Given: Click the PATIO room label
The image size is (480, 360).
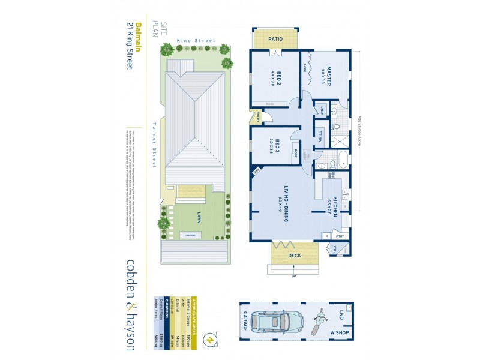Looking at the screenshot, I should (x=275, y=39).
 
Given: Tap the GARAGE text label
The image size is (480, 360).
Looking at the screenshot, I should (x=245, y=322).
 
